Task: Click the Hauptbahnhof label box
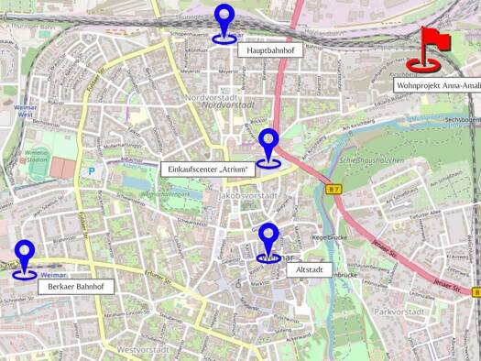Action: click(269, 52)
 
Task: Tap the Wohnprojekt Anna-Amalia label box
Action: click(438, 84)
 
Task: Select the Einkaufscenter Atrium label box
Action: click(205, 169)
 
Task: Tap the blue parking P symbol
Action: click(91, 170)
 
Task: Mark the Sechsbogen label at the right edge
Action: click(462, 120)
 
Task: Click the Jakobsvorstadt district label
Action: click(249, 196)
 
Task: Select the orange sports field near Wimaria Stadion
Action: click(61, 168)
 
